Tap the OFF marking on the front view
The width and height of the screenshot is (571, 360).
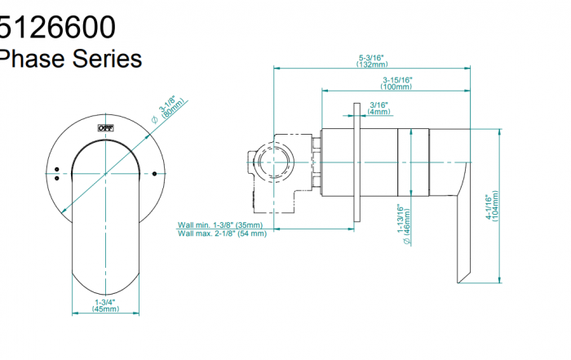(x=105, y=128)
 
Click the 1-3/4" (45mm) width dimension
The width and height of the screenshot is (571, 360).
(x=105, y=306)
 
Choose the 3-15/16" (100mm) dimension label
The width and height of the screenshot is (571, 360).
(x=396, y=82)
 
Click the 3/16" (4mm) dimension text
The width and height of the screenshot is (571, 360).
(x=378, y=109)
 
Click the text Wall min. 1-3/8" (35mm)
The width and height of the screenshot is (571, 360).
(x=220, y=225)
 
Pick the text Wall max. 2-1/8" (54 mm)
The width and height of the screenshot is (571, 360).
(x=222, y=234)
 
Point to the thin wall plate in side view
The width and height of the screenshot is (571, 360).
(x=356, y=163)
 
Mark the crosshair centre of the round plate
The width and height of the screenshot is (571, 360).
(x=105, y=174)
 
